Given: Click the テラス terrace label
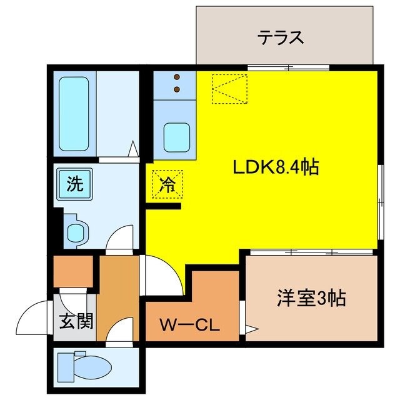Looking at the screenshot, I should (x=281, y=37).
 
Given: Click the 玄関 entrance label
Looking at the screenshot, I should (x=76, y=322).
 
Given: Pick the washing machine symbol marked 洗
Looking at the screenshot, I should (x=74, y=184).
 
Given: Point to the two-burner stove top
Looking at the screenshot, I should (x=176, y=84).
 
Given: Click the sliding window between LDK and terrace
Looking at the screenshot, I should (x=289, y=66).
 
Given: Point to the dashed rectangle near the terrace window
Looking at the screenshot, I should (x=229, y=87).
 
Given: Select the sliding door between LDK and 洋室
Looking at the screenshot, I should (x=310, y=251).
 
